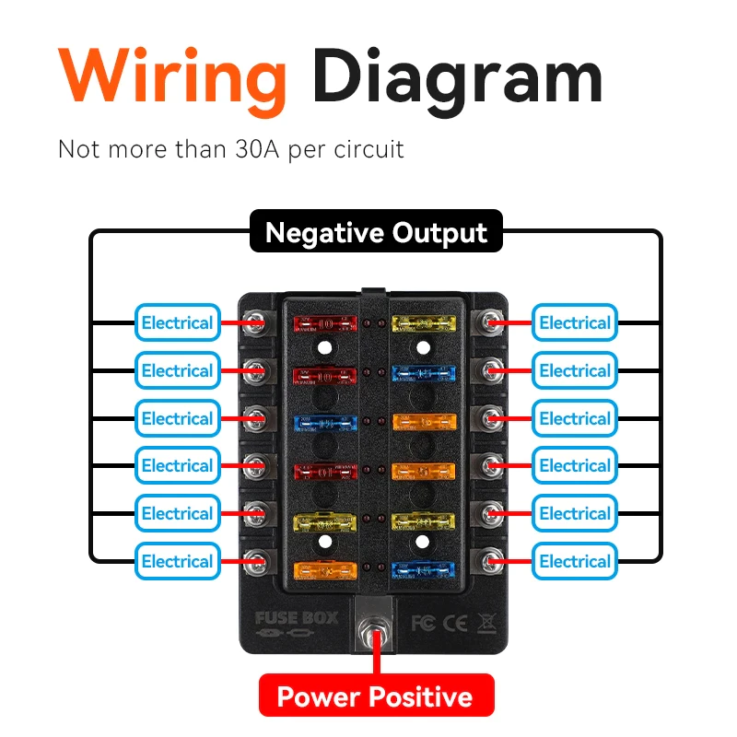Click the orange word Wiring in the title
[x=173, y=76]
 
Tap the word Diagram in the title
[x=457, y=78]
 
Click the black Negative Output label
[x=376, y=232]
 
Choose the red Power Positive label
[x=376, y=696]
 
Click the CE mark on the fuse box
[x=452, y=623]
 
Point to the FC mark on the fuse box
[x=420, y=623]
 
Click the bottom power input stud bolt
[x=374, y=637]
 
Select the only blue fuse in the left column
[x=324, y=421]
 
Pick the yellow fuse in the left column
[x=324, y=521]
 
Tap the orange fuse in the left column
[x=324, y=569]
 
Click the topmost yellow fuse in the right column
[x=423, y=322]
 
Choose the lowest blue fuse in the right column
[x=423, y=569]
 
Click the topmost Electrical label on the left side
[x=177, y=322]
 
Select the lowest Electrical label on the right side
[x=575, y=561]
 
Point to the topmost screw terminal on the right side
[x=491, y=322]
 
